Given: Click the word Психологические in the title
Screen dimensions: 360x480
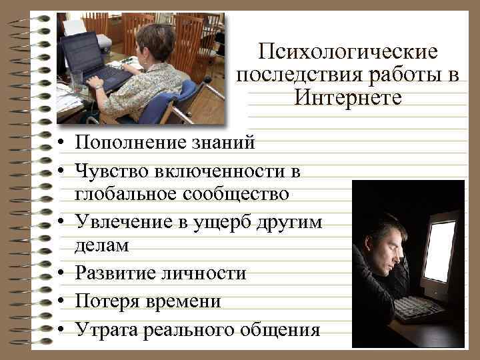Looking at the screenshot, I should point(348,52).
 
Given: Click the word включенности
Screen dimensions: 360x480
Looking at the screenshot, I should point(223,171).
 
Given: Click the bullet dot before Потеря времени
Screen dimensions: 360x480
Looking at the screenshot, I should point(60,301).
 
